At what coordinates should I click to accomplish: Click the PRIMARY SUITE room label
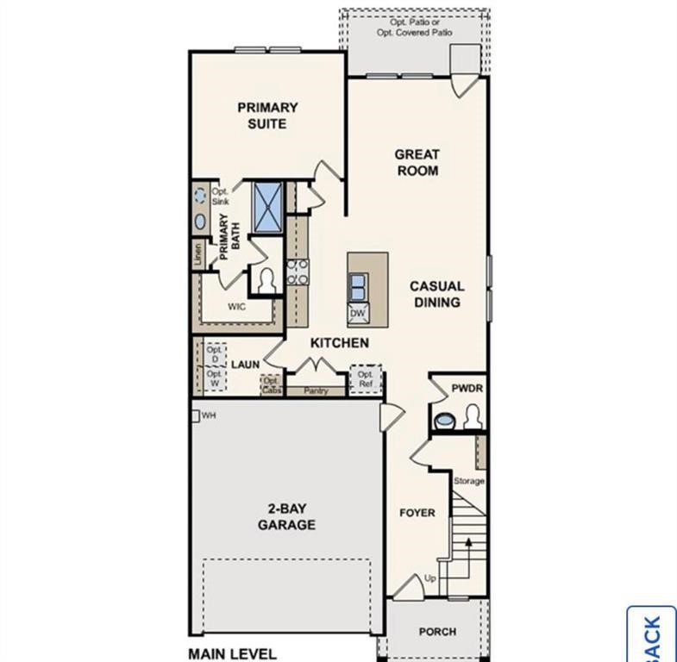[267, 116]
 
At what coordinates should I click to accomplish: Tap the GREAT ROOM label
[417, 162]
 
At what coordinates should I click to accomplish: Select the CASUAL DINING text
[436, 294]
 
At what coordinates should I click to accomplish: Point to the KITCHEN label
[340, 343]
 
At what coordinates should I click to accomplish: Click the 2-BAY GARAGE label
[286, 516]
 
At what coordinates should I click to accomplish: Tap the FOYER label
[417, 513]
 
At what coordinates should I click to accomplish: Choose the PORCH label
[437, 632]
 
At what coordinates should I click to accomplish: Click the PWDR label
[467, 389]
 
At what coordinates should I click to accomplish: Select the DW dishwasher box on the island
[357, 314]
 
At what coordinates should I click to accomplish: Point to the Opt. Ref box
[366, 379]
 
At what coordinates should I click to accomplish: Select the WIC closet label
[238, 306]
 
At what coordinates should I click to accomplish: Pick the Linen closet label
[197, 253]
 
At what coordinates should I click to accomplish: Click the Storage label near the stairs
[469, 481]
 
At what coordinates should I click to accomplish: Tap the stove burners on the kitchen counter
[298, 272]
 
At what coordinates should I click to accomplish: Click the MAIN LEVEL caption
[232, 653]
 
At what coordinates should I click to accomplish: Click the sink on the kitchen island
[357, 284]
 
